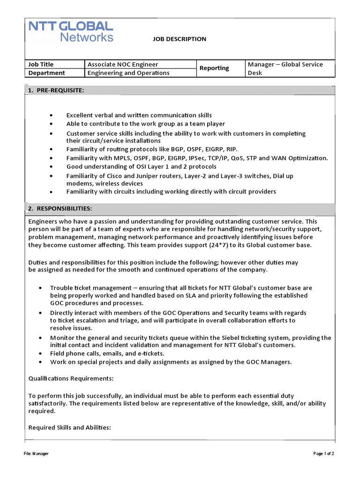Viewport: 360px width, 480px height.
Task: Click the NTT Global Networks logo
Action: point(71,31)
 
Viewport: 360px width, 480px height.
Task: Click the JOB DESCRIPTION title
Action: point(179,39)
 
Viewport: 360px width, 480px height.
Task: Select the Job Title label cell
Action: point(41,64)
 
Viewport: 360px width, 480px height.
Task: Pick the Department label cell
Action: point(47,73)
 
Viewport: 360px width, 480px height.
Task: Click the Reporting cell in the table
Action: point(214,68)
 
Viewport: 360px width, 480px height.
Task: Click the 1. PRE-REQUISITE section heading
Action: point(56,90)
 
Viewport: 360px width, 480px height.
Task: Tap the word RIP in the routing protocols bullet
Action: point(232,150)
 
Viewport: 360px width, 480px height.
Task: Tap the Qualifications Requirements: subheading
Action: point(71,378)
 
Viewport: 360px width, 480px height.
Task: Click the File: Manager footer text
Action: point(36,454)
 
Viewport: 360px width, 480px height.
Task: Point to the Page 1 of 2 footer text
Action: point(323,454)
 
